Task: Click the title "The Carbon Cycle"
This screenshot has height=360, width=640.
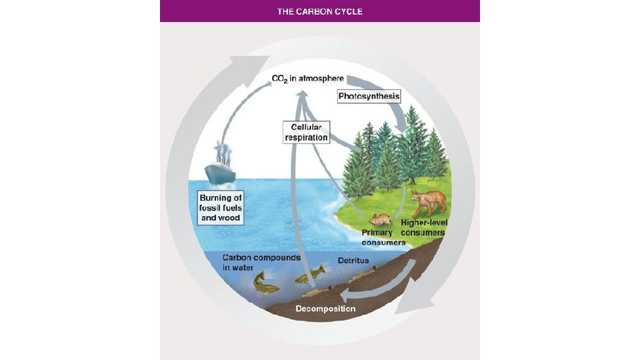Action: [x=319, y=11]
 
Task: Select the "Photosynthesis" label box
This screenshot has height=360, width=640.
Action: [x=369, y=97]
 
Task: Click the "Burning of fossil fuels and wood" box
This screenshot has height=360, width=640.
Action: [x=220, y=208]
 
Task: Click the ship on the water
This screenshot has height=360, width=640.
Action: [x=220, y=170]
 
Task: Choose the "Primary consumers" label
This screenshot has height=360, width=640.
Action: [x=383, y=237]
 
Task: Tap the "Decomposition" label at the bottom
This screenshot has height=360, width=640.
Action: [x=325, y=309]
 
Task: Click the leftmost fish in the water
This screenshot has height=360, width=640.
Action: [x=267, y=283]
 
